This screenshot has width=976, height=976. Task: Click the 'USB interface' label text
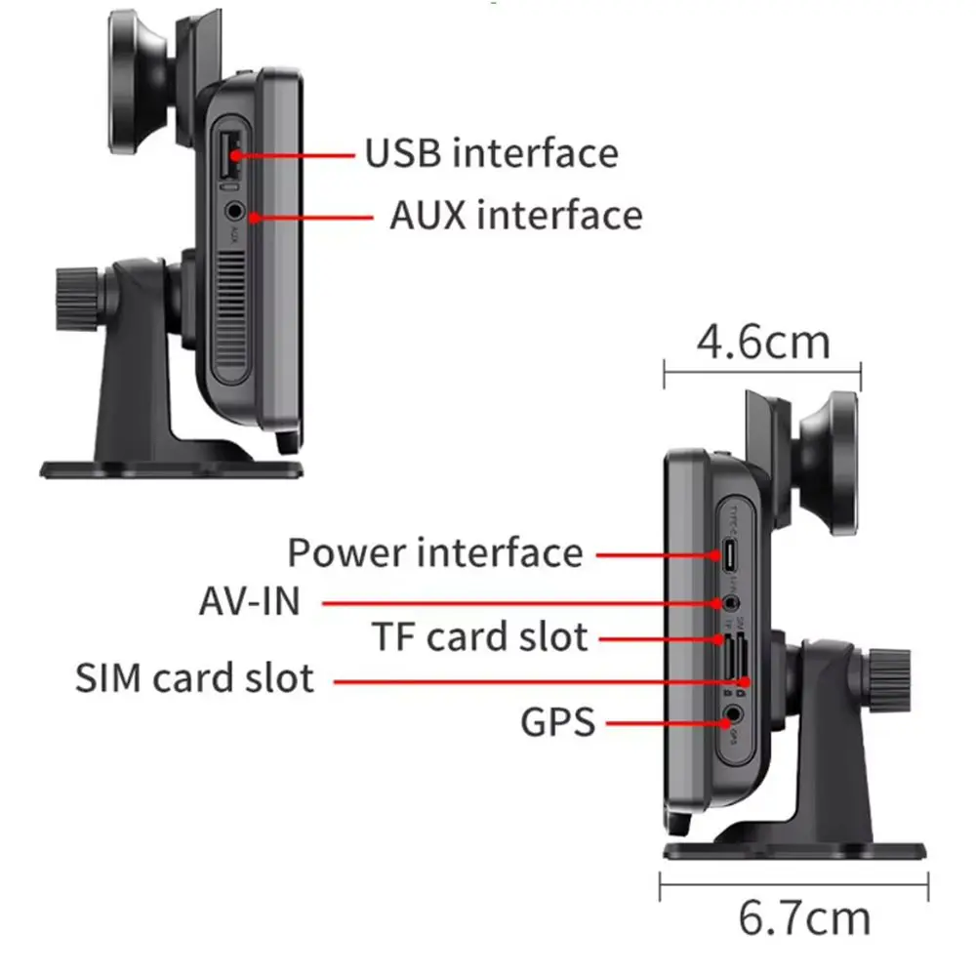(491, 153)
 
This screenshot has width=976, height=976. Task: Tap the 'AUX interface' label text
(516, 215)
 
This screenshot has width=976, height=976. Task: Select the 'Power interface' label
(434, 553)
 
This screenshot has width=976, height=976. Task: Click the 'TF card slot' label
(479, 637)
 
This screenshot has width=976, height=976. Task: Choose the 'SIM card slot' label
(195, 677)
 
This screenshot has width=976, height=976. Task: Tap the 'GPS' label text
(557, 723)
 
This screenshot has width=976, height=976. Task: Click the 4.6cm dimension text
(763, 342)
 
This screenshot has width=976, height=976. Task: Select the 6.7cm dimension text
(804, 917)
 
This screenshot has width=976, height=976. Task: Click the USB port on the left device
(230, 151)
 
